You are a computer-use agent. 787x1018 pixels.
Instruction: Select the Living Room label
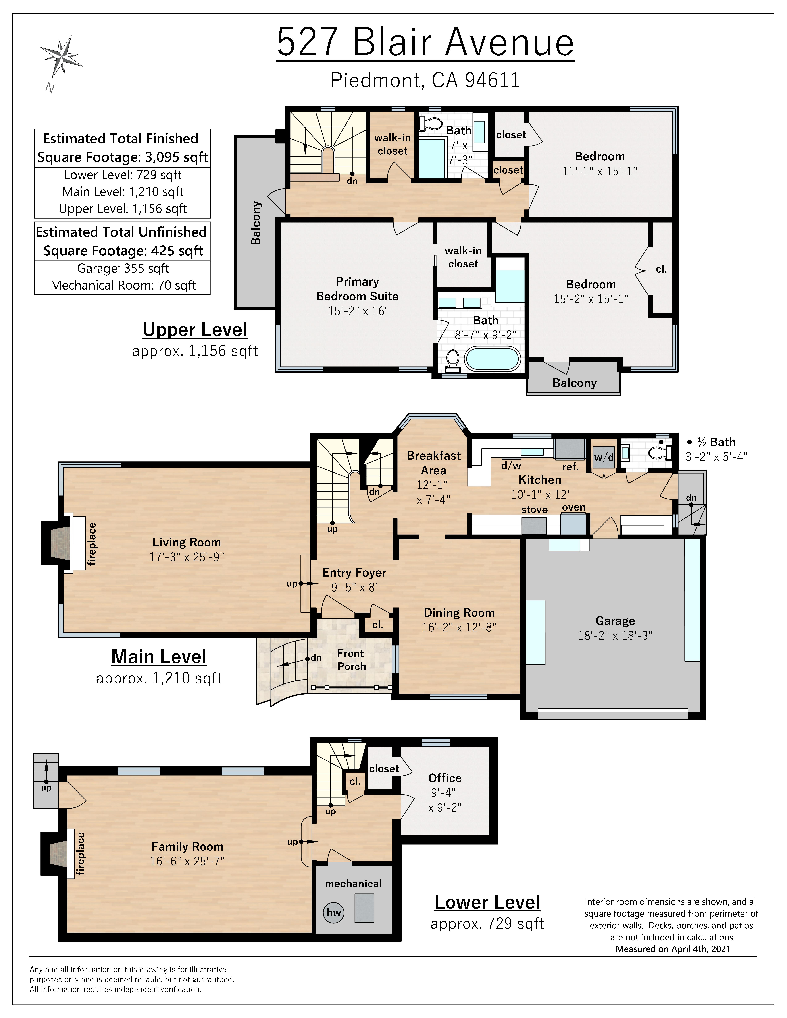tap(187, 542)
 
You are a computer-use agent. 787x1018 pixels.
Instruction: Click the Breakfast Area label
tap(434, 463)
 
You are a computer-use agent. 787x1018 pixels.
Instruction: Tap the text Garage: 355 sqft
tap(123, 269)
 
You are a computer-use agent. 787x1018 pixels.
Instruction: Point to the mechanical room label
tap(353, 883)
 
